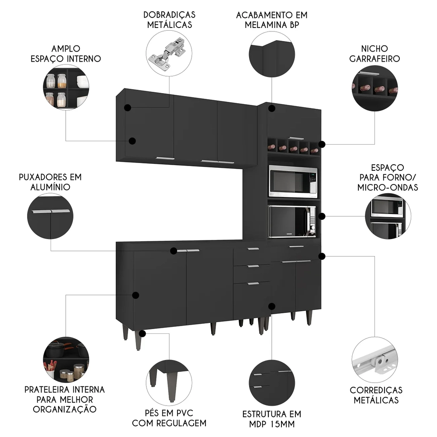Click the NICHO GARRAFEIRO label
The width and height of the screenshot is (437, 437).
point(374,53)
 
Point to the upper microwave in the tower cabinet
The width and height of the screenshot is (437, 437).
point(292,181)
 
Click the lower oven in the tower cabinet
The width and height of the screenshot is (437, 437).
point(292,222)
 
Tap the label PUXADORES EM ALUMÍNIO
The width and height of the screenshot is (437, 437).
point(50,182)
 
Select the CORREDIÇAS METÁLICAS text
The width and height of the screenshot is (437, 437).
point(376,395)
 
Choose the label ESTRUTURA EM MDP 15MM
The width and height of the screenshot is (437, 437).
point(271,418)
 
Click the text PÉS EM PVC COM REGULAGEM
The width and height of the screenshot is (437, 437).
point(169,418)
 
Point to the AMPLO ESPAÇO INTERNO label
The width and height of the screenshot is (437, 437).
point(65,53)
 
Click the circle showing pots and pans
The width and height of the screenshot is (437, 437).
point(66,360)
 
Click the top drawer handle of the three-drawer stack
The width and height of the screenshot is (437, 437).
point(252,249)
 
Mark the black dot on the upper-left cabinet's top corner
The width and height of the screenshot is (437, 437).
point(128,108)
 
